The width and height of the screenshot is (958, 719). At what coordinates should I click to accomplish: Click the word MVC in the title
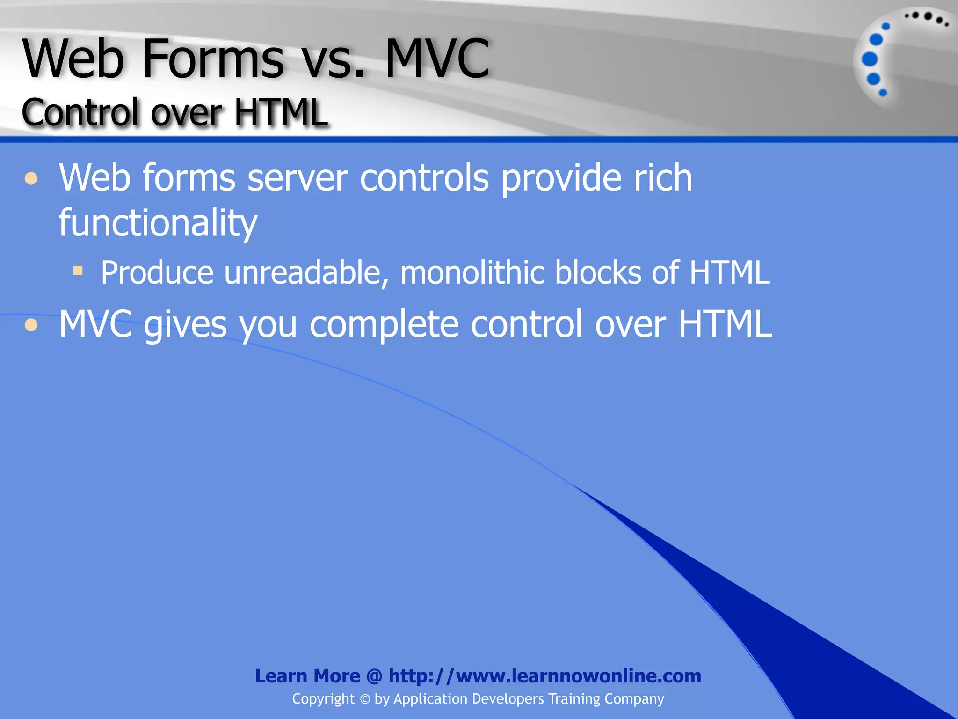pos(437,59)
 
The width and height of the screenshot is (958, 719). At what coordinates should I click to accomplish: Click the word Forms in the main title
pos(213,59)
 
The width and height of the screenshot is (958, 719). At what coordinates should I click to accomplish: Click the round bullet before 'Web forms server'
pos(31,179)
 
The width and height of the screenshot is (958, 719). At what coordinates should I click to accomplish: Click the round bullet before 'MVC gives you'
pos(31,325)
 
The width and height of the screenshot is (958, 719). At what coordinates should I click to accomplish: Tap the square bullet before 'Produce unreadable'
pos(78,271)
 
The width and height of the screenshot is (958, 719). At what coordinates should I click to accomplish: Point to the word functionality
pos(158,223)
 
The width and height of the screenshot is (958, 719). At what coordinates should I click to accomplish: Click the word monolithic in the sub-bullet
pos(472,273)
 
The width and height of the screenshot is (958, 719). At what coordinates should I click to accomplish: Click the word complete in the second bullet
pos(384,325)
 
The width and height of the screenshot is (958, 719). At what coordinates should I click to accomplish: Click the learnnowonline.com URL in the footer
pos(545,676)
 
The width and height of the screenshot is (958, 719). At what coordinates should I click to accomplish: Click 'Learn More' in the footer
pos(307,676)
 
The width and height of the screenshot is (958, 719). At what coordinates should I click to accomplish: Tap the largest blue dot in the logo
pos(870,59)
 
